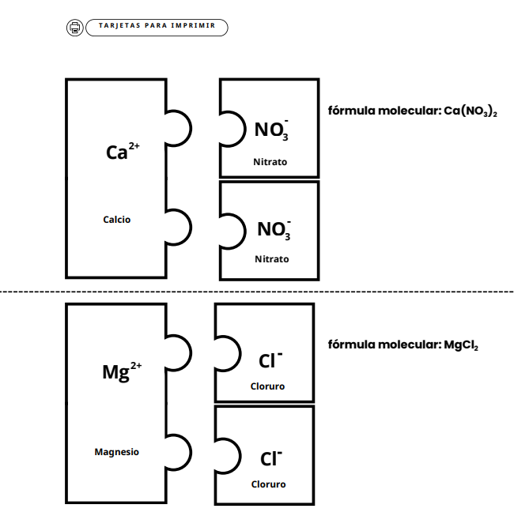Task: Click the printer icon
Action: click(75, 28)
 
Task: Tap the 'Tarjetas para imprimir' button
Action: click(157, 28)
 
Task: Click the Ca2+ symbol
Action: click(123, 151)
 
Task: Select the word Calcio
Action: click(116, 220)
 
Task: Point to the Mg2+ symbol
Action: click(122, 371)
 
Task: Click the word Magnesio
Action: click(116, 452)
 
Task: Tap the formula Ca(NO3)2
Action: click(471, 111)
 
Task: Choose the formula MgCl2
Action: click(461, 345)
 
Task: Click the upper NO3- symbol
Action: click(271, 130)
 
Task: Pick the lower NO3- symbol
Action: click(274, 230)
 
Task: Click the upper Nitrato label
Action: click(270, 162)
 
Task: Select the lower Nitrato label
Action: click(272, 259)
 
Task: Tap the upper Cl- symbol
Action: click(270, 360)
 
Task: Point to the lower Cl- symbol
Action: click(271, 458)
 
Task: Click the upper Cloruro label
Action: click(267, 386)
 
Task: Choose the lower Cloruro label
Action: click(268, 484)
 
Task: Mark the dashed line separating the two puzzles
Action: click(257, 292)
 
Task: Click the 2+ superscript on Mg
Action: click(136, 366)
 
